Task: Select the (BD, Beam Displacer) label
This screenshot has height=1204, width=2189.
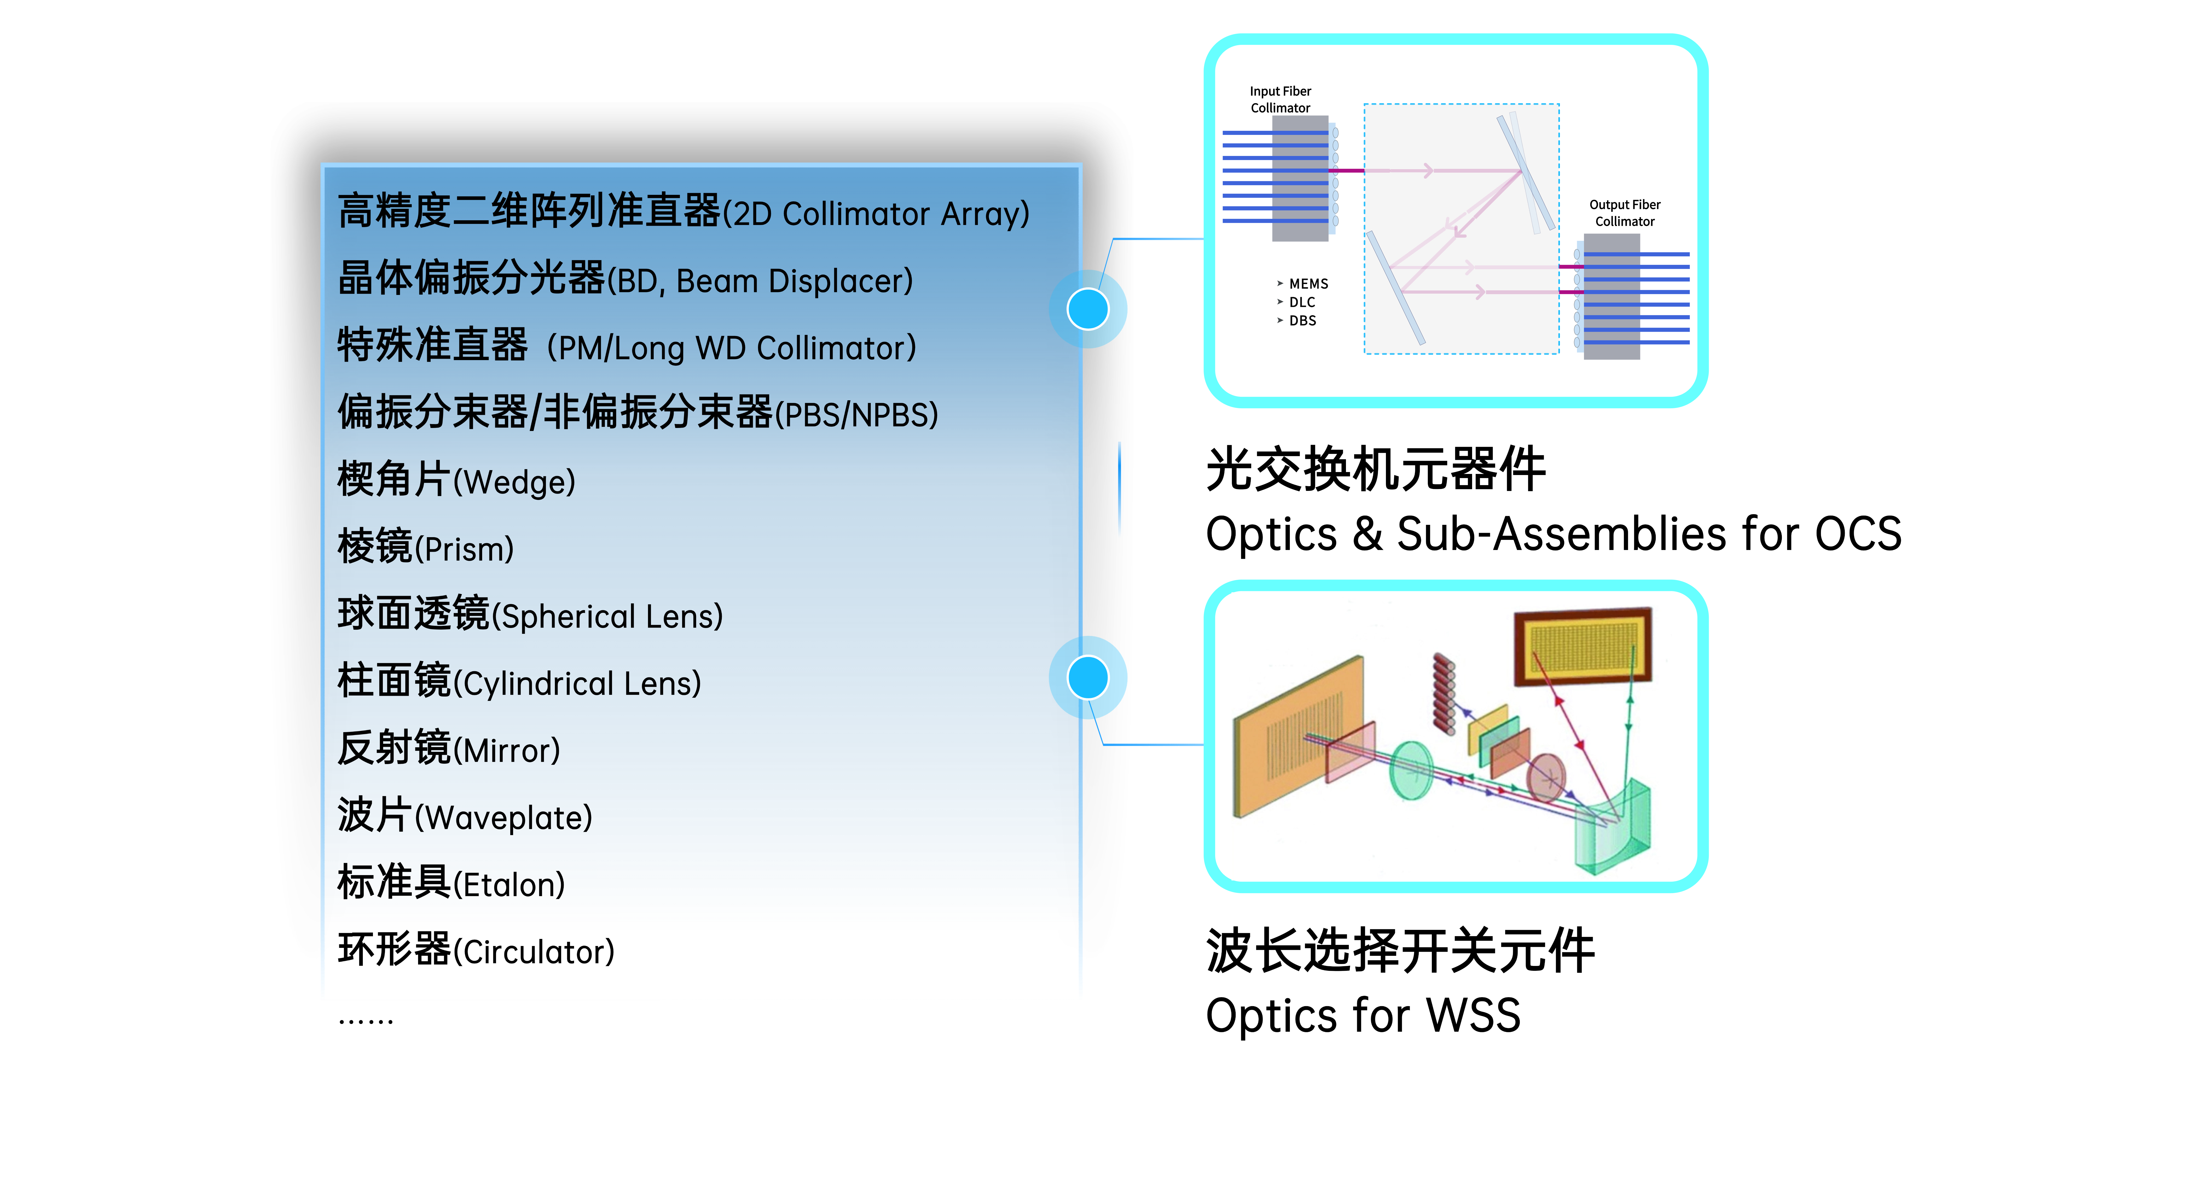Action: (x=761, y=281)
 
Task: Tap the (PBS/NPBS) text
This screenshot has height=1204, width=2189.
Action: (x=856, y=415)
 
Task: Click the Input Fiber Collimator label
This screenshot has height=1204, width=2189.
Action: (x=1280, y=99)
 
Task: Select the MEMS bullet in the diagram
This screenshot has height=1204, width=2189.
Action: (x=1308, y=284)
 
